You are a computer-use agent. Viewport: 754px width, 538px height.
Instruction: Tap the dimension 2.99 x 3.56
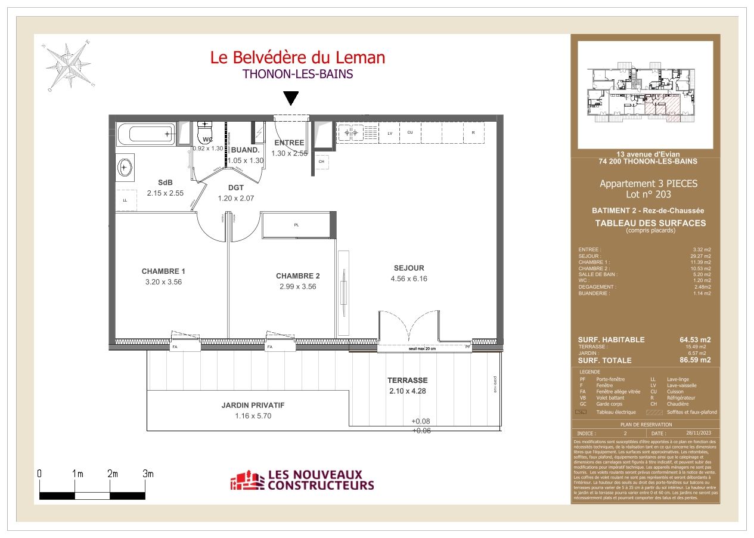[297, 286]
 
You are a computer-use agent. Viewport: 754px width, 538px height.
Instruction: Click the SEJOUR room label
[409, 268]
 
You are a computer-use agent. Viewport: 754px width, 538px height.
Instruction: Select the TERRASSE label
[408, 380]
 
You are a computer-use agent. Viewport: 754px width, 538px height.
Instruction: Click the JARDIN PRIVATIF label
[253, 405]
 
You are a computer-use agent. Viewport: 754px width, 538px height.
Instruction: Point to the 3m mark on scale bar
[148, 474]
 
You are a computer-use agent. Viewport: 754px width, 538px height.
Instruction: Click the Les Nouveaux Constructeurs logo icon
[247, 481]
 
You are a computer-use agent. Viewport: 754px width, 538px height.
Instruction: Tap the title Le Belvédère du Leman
[297, 57]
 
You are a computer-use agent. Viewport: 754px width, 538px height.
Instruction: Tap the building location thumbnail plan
[645, 94]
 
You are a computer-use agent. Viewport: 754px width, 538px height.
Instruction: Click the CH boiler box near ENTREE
[321, 162]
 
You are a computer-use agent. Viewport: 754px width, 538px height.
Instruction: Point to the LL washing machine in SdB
[125, 200]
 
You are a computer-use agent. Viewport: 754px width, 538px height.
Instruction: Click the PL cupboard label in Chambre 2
[296, 225]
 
